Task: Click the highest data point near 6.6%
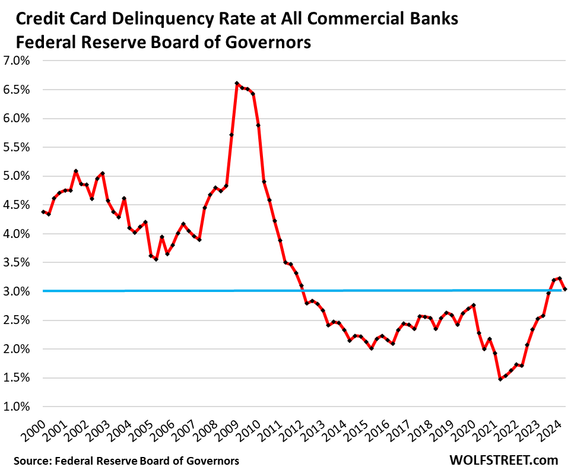[x=237, y=84]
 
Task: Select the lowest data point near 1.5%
[x=500, y=379]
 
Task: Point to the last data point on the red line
[x=565, y=289]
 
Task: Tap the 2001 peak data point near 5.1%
[x=76, y=171]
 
